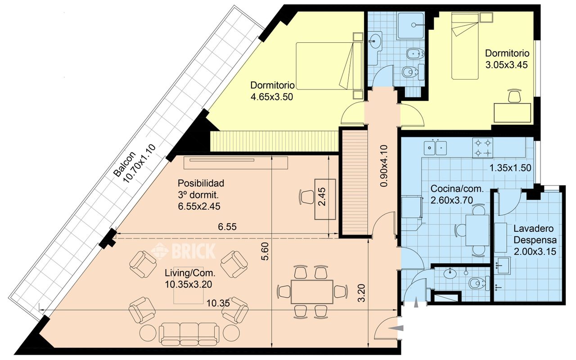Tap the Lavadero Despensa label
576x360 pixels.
pyautogui.click(x=535, y=234)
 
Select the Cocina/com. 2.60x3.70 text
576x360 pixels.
pyautogui.click(x=457, y=194)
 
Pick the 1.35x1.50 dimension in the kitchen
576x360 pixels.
pyautogui.click(x=510, y=168)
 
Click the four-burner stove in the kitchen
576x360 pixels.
pyautogui.click(x=483, y=148)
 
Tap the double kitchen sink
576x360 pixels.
pyautogui.click(x=435, y=147)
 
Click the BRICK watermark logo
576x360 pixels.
pyautogui.click(x=183, y=251)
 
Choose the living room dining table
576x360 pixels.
pyautogui.click(x=312, y=292)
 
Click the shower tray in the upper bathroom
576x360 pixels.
pyautogui.click(x=410, y=26)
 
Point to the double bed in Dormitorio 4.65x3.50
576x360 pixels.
pyautogui.click(x=329, y=66)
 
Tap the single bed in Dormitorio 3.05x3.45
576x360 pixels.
pyautogui.click(x=465, y=46)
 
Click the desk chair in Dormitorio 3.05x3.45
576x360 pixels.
pyautogui.click(x=515, y=96)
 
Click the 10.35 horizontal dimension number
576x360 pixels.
pyautogui.click(x=218, y=304)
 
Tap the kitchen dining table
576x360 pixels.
pyautogui.click(x=477, y=230)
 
